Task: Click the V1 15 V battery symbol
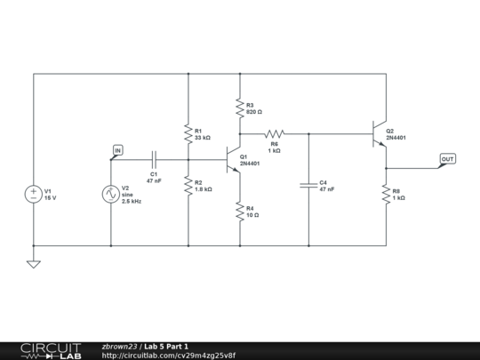click(33, 193)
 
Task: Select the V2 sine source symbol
click(111, 193)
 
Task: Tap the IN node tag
click(117, 149)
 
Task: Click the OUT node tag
click(447, 159)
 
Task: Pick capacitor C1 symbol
click(154, 160)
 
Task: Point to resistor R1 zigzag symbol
click(188, 133)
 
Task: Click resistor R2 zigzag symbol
click(188, 185)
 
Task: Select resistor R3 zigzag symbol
click(240, 108)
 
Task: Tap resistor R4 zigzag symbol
click(240, 211)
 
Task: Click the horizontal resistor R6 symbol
click(274, 134)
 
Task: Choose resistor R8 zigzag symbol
click(387, 193)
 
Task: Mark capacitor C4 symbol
click(308, 185)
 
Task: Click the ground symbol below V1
click(33, 263)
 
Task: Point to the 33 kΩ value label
click(203, 138)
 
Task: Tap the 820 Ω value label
click(254, 112)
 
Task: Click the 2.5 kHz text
click(132, 201)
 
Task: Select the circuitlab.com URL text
click(169, 355)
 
